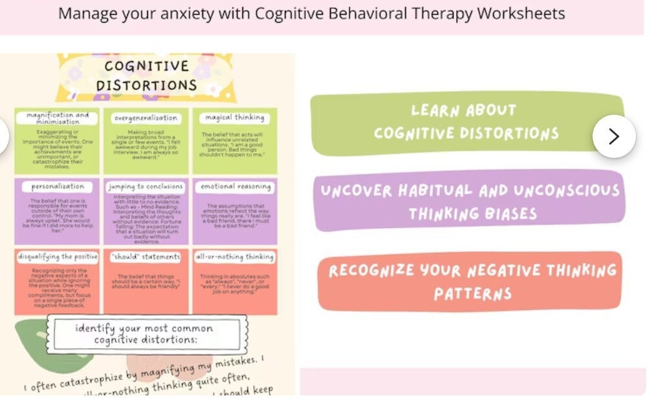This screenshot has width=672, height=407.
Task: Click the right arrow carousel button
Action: pyautogui.click(x=614, y=136)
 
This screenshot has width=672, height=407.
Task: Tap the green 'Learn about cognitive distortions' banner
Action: pyautogui.click(x=467, y=123)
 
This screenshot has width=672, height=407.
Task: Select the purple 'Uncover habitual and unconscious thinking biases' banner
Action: pyautogui.click(x=470, y=201)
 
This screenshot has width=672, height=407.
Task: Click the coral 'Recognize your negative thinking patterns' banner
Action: pyautogui.click(x=471, y=281)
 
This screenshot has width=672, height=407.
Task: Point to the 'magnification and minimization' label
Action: pyautogui.click(x=58, y=118)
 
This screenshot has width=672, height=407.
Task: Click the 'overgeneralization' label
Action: pyautogui.click(x=146, y=118)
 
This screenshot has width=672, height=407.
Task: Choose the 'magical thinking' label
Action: pyautogui.click(x=235, y=118)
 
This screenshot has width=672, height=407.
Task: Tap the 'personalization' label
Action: pyautogui.click(x=58, y=187)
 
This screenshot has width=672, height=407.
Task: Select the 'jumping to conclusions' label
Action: pyautogui.click(x=146, y=187)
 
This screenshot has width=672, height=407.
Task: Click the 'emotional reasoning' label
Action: pyautogui.click(x=235, y=187)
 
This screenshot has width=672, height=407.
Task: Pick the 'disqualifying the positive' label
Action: pyautogui.click(x=58, y=256)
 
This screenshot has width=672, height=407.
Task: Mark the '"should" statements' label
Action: pyautogui.click(x=146, y=256)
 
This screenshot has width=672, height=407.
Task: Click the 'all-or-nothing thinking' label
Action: pyautogui.click(x=235, y=256)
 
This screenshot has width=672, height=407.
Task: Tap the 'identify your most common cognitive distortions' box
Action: pyautogui.click(x=145, y=334)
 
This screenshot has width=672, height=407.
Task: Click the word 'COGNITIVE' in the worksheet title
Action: pyautogui.click(x=146, y=66)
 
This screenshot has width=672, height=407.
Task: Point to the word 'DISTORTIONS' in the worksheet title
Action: pyautogui.click(x=146, y=85)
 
